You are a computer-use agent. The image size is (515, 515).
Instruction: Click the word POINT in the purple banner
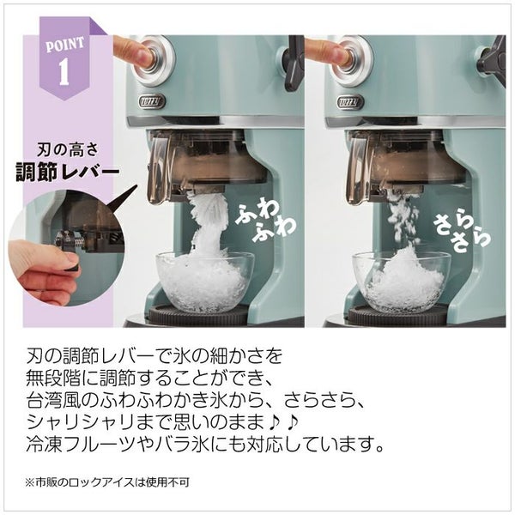click(x=64, y=45)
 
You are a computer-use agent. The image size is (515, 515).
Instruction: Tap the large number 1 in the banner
click(x=64, y=72)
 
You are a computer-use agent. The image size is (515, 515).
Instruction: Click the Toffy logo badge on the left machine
click(x=152, y=102)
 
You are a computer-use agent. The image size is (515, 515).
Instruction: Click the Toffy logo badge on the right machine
click(x=350, y=102)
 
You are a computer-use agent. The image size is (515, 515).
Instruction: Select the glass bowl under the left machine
click(x=204, y=282)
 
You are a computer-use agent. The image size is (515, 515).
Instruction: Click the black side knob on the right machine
click(x=491, y=59)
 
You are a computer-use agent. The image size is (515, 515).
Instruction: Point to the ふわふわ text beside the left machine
click(x=265, y=222)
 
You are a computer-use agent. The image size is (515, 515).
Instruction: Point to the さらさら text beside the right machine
click(x=463, y=233)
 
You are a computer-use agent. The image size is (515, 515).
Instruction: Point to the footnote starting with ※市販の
click(x=107, y=482)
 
